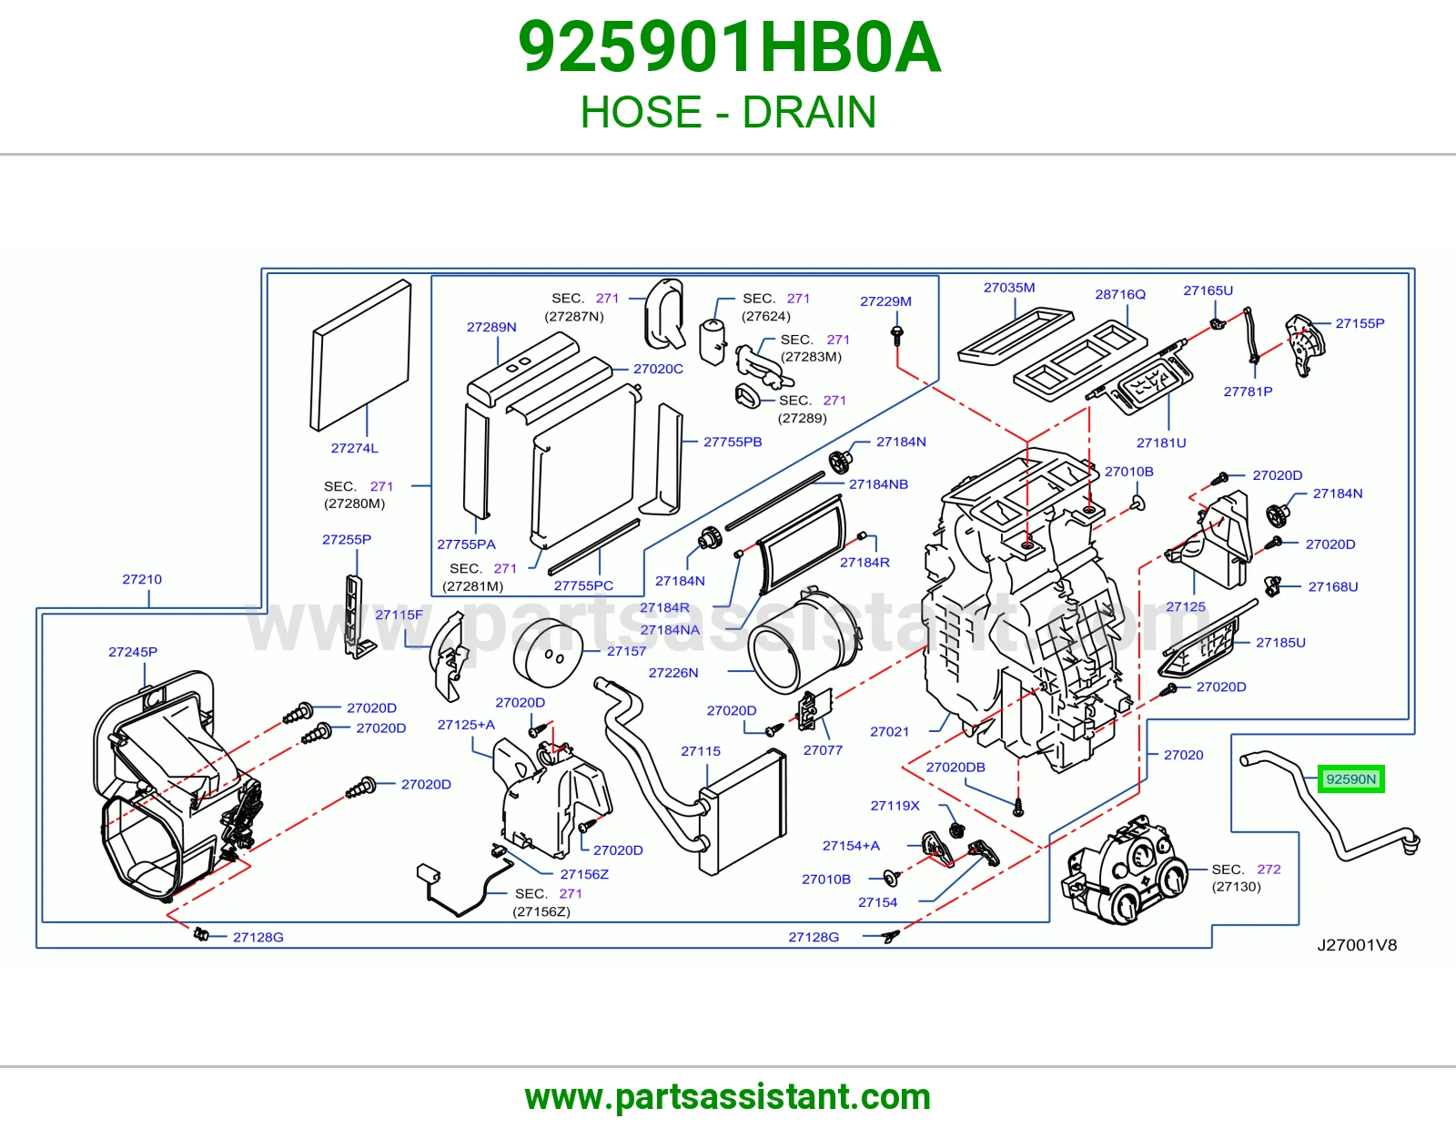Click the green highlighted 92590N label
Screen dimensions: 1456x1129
tap(1350, 779)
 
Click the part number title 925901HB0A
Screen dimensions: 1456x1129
tap(729, 47)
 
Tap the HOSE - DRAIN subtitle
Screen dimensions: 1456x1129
tap(728, 112)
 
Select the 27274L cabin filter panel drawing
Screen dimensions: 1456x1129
tap(360, 355)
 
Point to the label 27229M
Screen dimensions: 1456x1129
tap(885, 301)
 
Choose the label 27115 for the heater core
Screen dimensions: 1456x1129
tap(700, 751)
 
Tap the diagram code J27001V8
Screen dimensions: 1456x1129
tap(1357, 945)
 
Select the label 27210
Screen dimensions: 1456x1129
tap(142, 579)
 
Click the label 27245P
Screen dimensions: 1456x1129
tap(133, 652)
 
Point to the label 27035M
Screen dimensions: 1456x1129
tap(1009, 288)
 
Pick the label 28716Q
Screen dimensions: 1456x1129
tap(1120, 294)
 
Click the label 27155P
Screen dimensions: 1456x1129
tap(1360, 323)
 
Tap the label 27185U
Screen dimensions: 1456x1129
tap(1280, 642)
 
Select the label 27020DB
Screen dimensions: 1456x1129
tap(955, 767)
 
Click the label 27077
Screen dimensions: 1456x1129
tap(823, 750)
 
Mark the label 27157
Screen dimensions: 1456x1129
tap(626, 651)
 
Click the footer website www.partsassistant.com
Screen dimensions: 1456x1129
tap(728, 1097)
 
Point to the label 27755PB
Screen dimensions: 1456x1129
tap(733, 442)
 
